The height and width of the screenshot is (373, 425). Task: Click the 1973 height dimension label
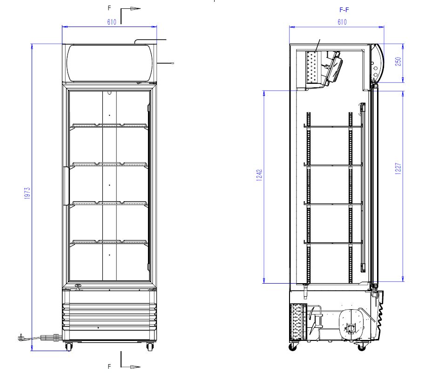[27, 193]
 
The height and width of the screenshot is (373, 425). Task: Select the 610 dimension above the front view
[112, 22]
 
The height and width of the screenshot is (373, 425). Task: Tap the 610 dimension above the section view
[342, 22]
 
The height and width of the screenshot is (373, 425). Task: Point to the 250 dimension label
[398, 61]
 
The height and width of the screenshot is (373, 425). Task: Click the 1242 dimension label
[259, 175]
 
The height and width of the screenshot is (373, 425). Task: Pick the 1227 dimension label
[398, 168]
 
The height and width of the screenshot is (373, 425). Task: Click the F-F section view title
[344, 10]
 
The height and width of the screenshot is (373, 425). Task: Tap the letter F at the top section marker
[109, 8]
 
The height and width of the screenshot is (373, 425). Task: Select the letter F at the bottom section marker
[109, 366]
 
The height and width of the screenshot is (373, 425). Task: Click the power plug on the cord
[21, 338]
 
